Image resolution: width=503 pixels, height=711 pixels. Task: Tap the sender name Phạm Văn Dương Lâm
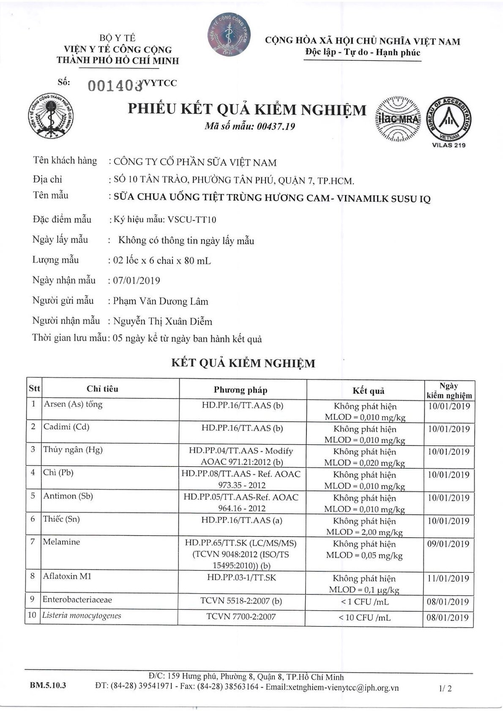tap(161, 301)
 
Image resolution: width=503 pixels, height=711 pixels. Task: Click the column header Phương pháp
tap(240, 390)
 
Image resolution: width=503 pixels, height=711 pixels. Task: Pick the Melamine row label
tap(61, 542)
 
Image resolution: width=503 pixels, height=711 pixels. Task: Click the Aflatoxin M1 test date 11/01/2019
tap(448, 579)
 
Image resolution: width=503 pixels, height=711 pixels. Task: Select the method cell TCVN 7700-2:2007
tap(241, 617)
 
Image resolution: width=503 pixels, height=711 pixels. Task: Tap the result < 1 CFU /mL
tap(364, 602)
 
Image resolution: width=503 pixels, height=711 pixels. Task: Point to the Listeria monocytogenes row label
tap(82, 616)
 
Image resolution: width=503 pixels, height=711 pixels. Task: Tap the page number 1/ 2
tap(445, 688)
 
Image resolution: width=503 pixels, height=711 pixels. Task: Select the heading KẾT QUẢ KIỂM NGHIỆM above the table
tap(243, 363)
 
